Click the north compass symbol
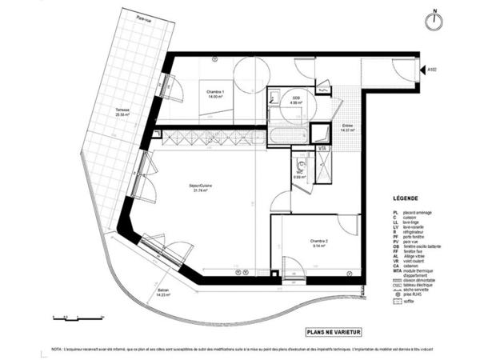tap(434, 20)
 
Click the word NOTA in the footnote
tap(57, 350)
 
